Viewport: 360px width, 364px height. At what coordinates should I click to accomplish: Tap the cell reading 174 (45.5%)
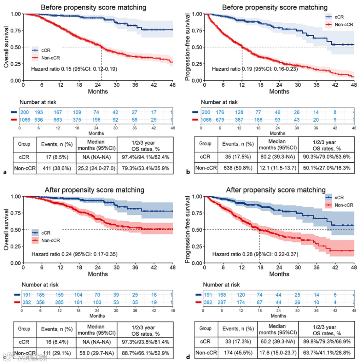[237, 353]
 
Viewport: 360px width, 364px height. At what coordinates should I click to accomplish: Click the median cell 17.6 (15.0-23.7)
[278, 353]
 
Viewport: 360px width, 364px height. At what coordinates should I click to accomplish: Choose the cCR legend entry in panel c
[46, 232]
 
